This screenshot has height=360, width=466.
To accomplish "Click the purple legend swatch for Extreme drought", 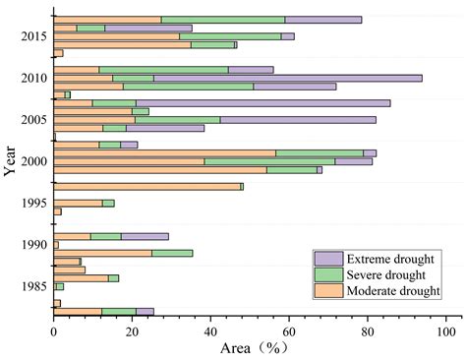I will click(326, 258).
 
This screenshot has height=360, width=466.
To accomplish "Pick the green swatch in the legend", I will click(326, 273).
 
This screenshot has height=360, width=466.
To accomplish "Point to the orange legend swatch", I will click(326, 290).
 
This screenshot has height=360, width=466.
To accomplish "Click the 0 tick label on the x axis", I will click(53, 332).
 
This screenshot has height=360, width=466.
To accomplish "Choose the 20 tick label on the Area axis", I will click(132, 332).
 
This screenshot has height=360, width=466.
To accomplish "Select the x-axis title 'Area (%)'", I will click(250, 349).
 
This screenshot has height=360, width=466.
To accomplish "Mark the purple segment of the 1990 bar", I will click(145, 236).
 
